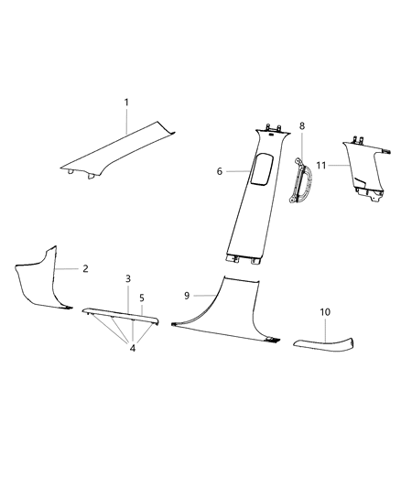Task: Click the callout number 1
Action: point(126,103)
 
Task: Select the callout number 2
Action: point(84,269)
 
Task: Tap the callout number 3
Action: point(127,277)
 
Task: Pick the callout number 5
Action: point(141,298)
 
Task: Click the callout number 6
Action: point(221,170)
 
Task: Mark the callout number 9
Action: point(187,295)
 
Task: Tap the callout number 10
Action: point(324,313)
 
